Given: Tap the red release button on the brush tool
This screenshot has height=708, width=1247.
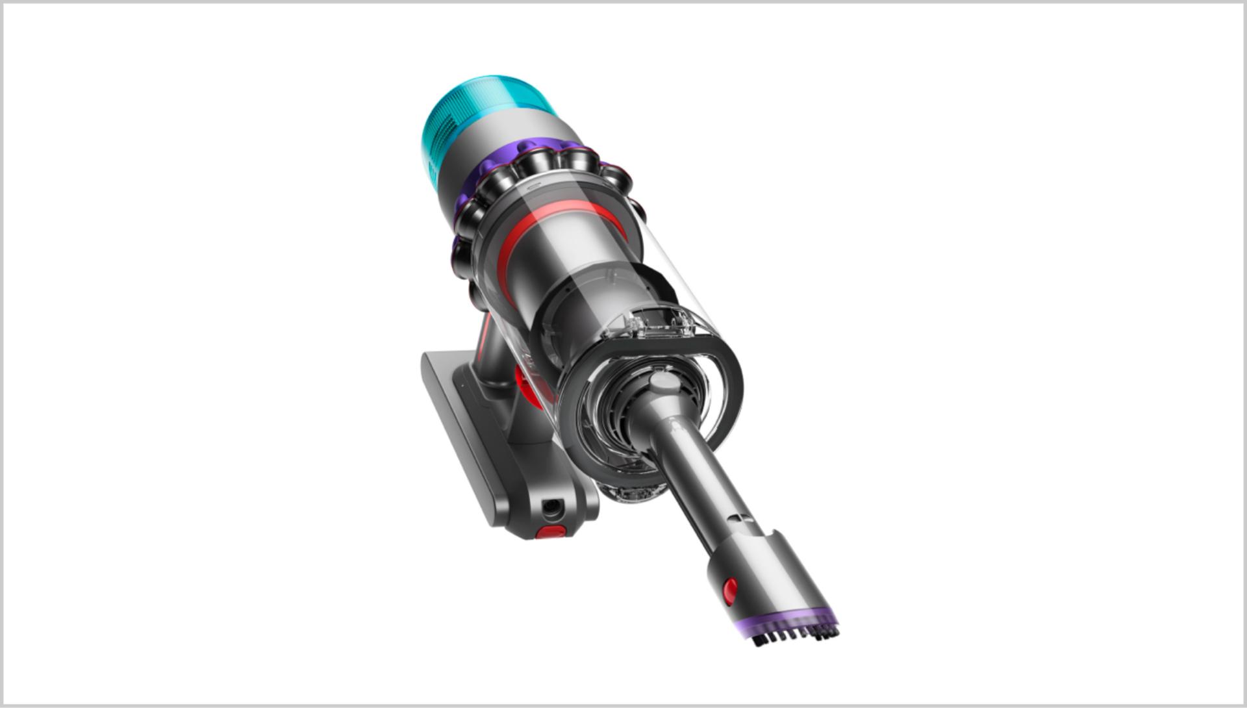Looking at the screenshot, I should click(x=731, y=590).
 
